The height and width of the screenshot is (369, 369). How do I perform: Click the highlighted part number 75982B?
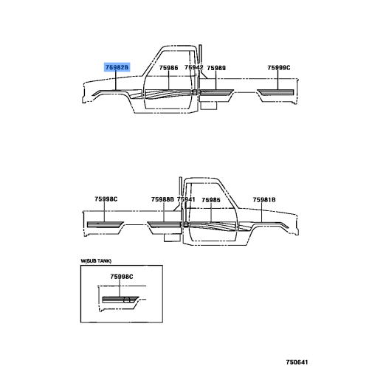(117, 67)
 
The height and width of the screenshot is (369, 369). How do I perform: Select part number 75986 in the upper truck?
(168, 68)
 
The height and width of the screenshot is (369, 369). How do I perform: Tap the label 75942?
(194, 67)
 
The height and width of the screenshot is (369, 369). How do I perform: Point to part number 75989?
(216, 68)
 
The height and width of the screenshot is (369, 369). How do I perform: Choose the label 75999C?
(279, 68)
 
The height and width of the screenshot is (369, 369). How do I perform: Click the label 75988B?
(162, 199)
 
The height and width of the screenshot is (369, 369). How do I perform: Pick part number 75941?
(186, 199)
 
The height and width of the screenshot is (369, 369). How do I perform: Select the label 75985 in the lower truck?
(211, 200)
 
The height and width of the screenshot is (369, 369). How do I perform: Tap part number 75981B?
(264, 200)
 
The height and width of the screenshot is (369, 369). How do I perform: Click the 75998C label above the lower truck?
(106, 199)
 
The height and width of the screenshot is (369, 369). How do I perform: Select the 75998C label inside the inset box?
(122, 277)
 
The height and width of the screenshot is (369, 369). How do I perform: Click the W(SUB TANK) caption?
(96, 261)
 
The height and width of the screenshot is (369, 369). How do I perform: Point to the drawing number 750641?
(297, 362)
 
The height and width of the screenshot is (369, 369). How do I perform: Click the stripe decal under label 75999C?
(275, 92)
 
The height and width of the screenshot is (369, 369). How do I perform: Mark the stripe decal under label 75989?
(216, 92)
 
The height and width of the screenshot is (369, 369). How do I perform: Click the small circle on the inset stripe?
(127, 300)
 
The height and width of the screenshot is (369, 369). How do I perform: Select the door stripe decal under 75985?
(213, 226)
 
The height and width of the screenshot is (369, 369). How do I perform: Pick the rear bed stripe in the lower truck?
(106, 224)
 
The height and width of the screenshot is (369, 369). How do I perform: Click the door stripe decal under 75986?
(168, 94)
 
